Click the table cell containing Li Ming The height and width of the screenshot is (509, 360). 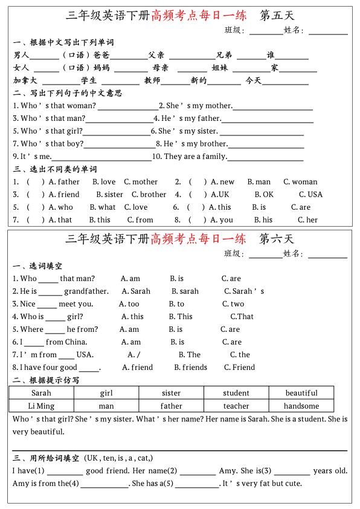(41, 406)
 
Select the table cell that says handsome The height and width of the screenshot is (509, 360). (301, 406)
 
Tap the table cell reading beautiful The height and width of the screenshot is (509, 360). (301, 393)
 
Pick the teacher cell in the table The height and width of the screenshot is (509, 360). (236, 406)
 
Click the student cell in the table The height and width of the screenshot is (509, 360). (236, 393)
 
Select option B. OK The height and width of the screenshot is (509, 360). (264, 195)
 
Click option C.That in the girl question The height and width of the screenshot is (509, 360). (242, 316)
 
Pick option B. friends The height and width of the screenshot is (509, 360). (190, 367)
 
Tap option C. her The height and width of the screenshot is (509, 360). (307, 220)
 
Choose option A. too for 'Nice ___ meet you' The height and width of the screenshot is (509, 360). (129, 304)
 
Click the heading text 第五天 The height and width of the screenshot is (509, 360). (276, 15)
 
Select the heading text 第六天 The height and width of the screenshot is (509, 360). (276, 238)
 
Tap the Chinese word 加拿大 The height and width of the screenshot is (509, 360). (25, 80)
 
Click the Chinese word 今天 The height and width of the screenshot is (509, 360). (254, 80)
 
